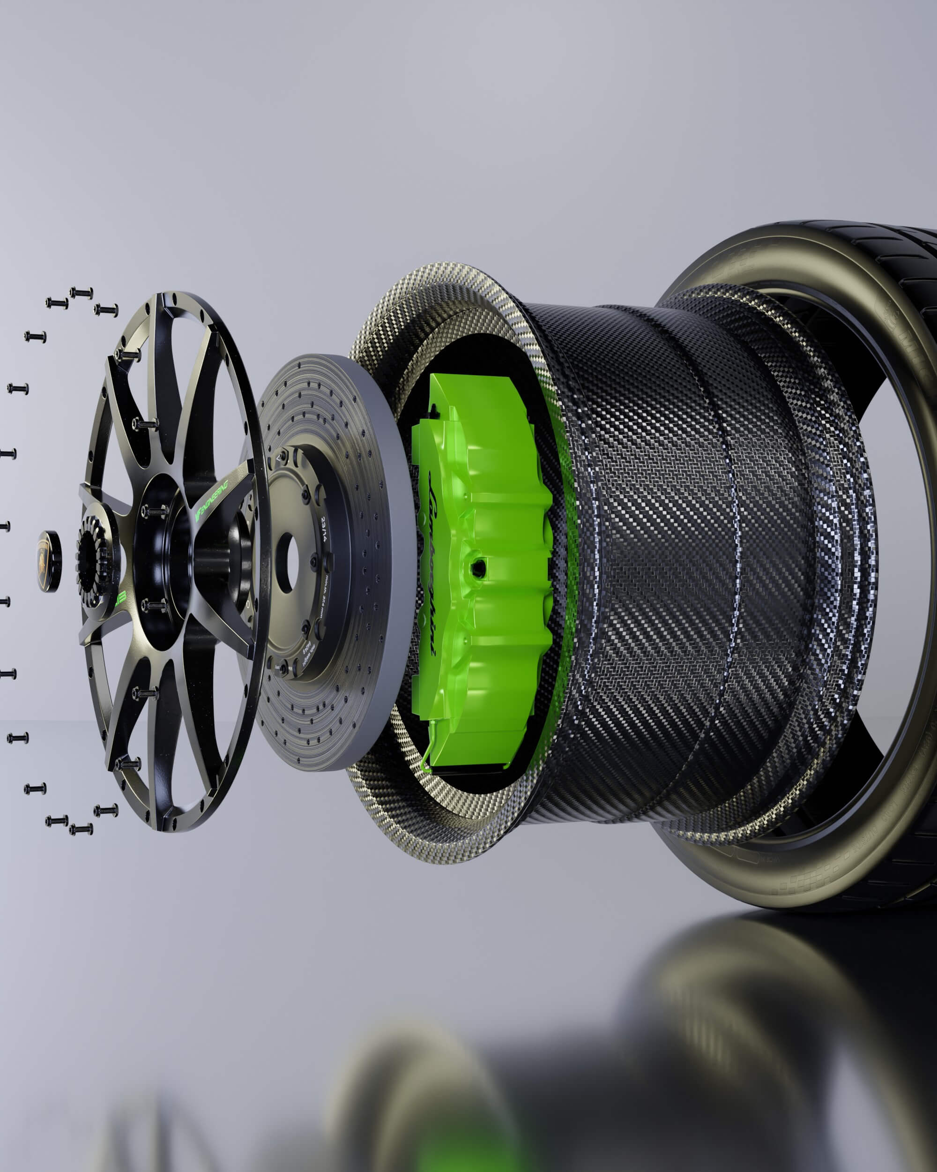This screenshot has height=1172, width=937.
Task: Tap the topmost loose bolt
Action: point(81,293)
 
